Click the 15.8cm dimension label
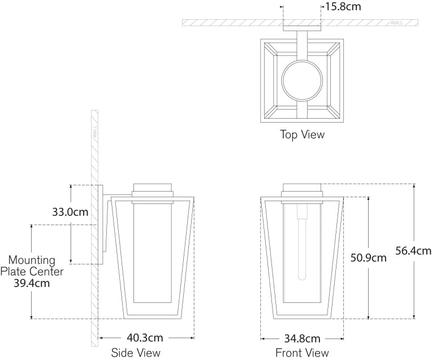tap(343, 7)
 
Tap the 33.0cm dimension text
tap(70, 212)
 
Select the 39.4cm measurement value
tap(32, 283)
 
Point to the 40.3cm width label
tap(144, 338)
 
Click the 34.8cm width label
tap(301, 339)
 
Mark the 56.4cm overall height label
tap(413, 251)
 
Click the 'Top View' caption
tap(302, 135)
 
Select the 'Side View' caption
tap(136, 353)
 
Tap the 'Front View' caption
tap(302, 353)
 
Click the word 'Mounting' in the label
tap(32, 260)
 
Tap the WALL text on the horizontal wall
tap(397, 23)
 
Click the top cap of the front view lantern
tap(302, 188)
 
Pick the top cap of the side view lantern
tap(153, 188)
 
